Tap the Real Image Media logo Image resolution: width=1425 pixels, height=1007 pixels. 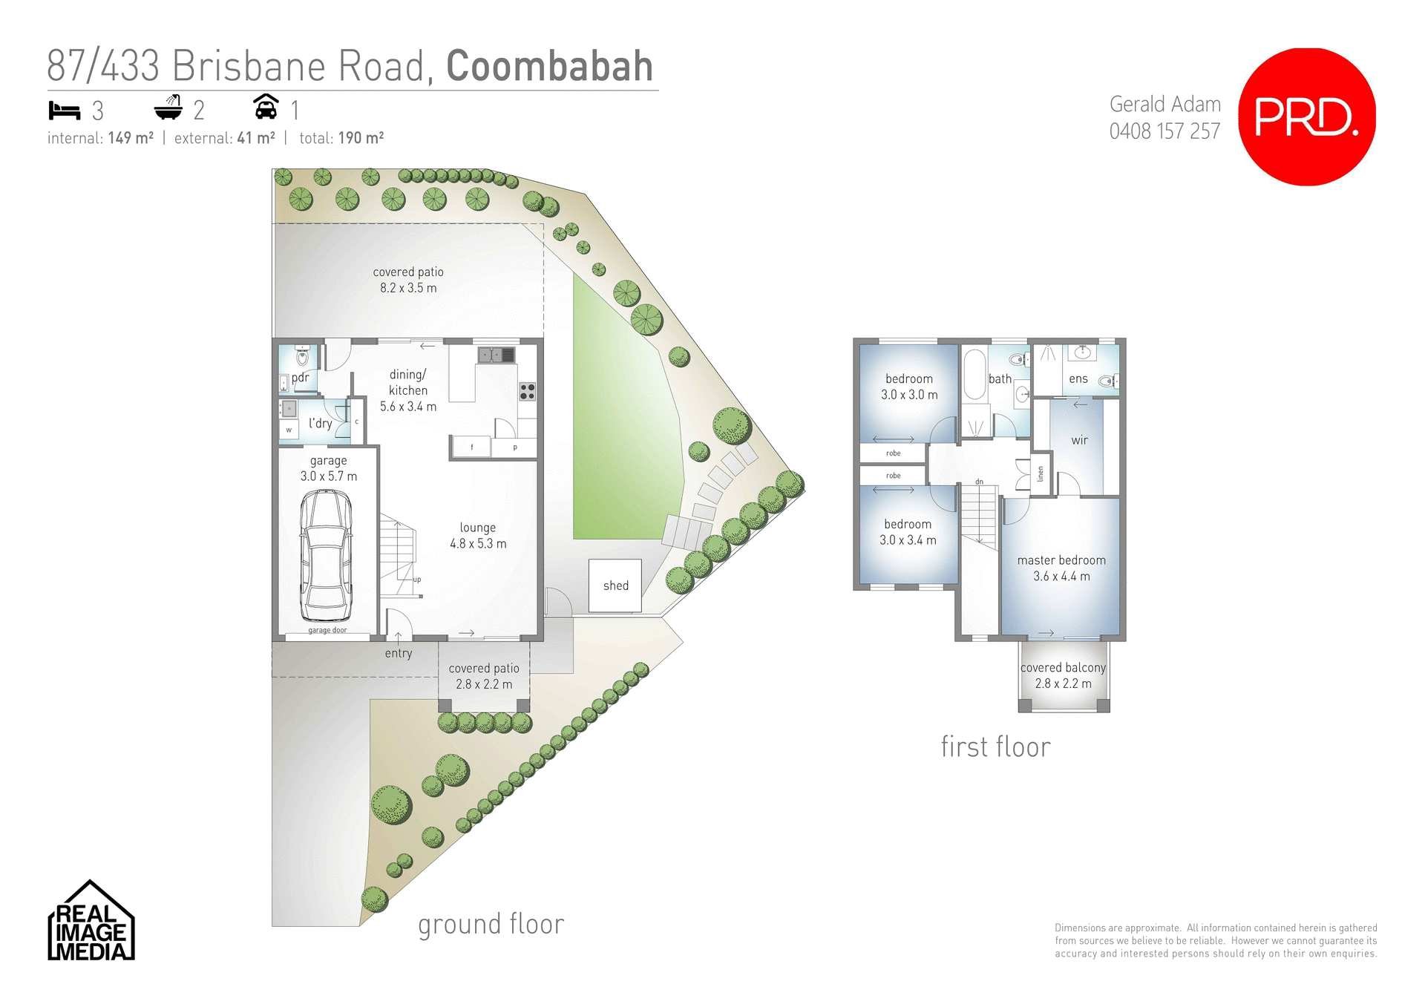(x=91, y=922)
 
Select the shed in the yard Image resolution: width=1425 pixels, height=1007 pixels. (x=615, y=585)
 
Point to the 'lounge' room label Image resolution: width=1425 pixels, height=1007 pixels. (x=478, y=528)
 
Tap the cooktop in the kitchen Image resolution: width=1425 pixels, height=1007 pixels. (x=527, y=391)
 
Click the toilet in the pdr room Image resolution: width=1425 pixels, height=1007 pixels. (x=302, y=357)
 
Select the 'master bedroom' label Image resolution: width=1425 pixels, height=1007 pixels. (x=1061, y=560)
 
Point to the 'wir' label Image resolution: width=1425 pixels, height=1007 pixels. (x=1080, y=440)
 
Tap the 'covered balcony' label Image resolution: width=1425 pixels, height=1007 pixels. (x=1063, y=668)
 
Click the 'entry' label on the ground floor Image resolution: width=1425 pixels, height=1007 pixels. (x=399, y=653)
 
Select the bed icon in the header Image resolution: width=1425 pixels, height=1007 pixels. (x=65, y=111)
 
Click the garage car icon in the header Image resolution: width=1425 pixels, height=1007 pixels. (x=266, y=108)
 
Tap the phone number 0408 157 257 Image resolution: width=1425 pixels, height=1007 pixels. (x=1164, y=131)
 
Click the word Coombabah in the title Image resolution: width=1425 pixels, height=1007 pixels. (x=549, y=67)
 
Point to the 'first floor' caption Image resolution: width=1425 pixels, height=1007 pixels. (x=995, y=747)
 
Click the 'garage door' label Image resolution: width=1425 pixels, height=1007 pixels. (x=327, y=630)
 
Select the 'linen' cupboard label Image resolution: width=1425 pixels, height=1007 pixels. (x=1041, y=473)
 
